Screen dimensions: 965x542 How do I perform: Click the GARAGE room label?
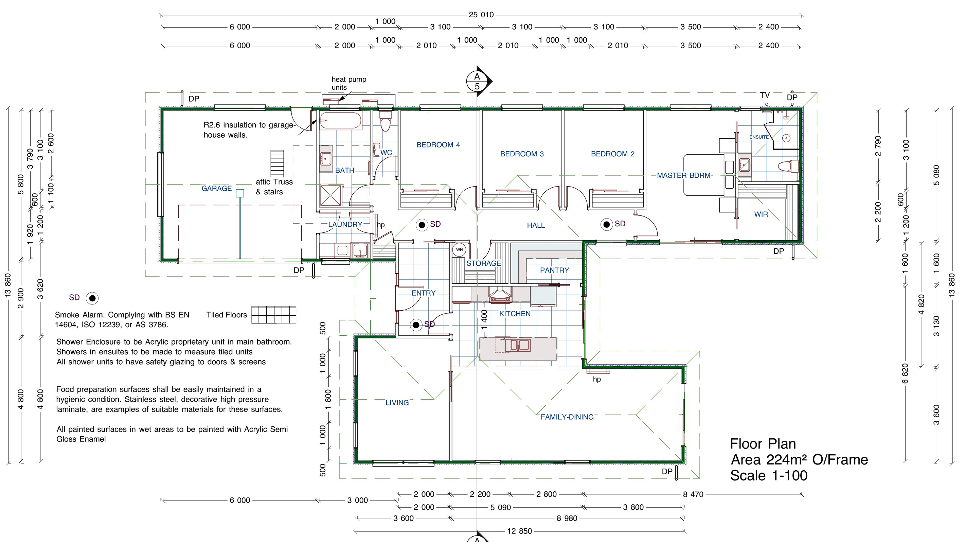click(x=216, y=189)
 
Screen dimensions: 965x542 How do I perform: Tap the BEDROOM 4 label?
click(x=438, y=145)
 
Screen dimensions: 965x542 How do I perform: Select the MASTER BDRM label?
click(x=684, y=175)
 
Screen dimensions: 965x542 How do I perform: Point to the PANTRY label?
click(x=554, y=270)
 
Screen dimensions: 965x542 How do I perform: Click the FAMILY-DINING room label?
click(x=567, y=417)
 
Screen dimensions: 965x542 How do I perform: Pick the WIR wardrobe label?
click(x=761, y=214)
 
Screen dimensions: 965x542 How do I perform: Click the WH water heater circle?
click(x=459, y=250)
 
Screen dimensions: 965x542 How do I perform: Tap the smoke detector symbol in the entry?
click(x=416, y=325)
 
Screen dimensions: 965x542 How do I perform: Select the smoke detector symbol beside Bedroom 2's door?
click(x=607, y=225)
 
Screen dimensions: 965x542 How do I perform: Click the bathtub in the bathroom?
click(x=340, y=121)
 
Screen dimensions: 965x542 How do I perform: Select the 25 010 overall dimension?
click(x=481, y=15)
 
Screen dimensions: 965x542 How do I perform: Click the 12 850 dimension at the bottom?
click(x=519, y=531)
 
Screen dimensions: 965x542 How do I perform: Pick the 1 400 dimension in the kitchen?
click(x=484, y=320)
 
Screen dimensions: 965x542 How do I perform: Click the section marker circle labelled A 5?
click(x=477, y=81)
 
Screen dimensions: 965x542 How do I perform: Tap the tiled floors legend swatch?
click(x=273, y=315)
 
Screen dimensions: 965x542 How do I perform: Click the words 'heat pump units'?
click(x=349, y=83)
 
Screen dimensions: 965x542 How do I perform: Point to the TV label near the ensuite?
click(x=765, y=95)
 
